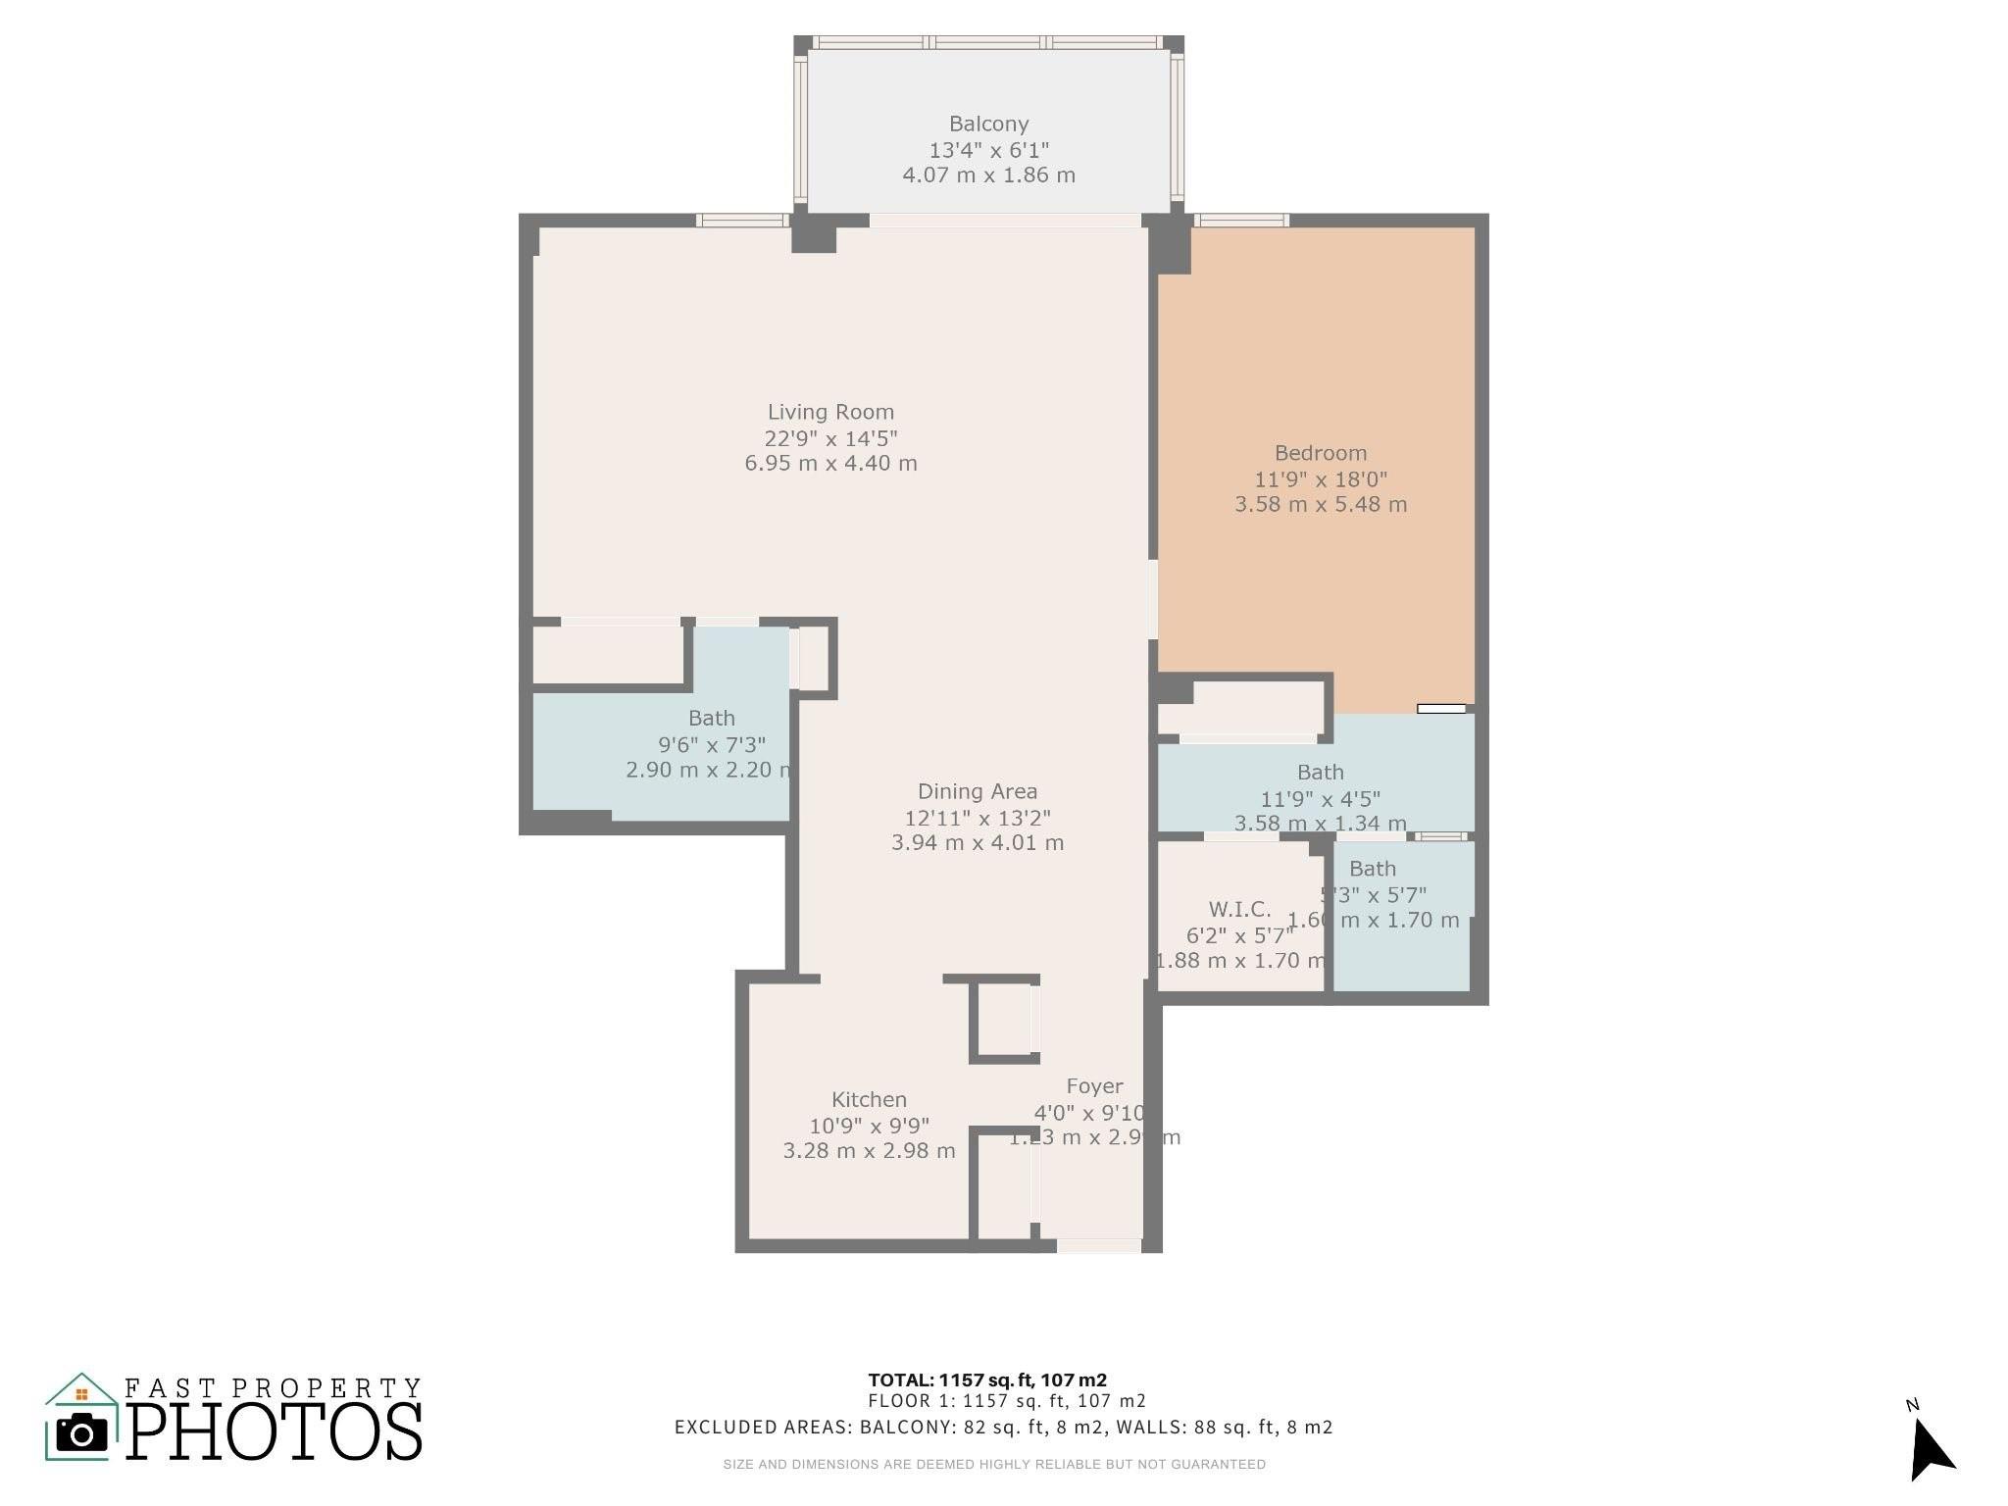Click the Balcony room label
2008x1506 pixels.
(988, 125)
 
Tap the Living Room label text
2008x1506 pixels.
(830, 413)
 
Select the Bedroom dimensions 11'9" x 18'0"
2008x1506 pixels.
(1320, 479)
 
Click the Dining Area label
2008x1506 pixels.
(977, 791)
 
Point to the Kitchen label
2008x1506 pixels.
(869, 1100)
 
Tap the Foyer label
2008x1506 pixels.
(1094, 1086)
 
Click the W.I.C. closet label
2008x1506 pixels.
(1239, 909)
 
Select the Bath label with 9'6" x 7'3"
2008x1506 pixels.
(711, 719)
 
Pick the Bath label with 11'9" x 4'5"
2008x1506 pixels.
(1320, 773)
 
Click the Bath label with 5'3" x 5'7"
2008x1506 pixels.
(1372, 869)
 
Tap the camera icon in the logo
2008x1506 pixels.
(82, 1433)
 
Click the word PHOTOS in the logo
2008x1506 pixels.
(275, 1432)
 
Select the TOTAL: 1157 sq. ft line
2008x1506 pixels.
(987, 1380)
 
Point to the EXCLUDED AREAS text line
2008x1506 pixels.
(1003, 1428)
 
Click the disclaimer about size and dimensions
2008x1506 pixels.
(994, 1465)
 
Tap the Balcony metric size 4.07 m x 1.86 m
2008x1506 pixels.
(988, 176)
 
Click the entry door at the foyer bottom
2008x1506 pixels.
(1098, 1245)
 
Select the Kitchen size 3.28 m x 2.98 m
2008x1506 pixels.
(869, 1151)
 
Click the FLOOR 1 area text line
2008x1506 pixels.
(1006, 1402)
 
